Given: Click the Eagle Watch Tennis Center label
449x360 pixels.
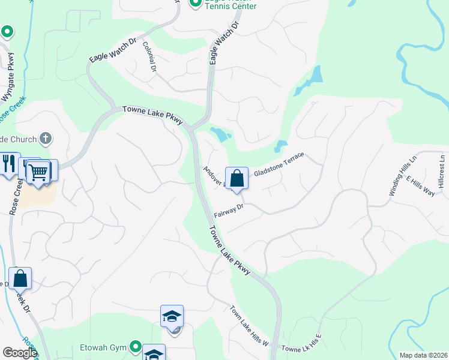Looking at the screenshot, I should tap(231, 5).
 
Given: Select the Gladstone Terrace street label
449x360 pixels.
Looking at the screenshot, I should tap(279, 164).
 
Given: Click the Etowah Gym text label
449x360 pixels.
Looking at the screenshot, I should tap(104, 347).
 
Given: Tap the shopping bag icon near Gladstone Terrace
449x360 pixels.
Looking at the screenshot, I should tap(237, 178).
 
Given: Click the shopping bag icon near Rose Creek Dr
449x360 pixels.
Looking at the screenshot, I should tap(20, 279).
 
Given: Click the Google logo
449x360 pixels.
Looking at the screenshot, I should tap(19, 353).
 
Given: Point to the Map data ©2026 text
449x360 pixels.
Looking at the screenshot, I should tap(423, 355).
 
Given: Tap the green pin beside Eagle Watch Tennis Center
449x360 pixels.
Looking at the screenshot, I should tap(195, 4).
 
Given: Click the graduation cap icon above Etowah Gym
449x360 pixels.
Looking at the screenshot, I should tap(172, 316).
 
